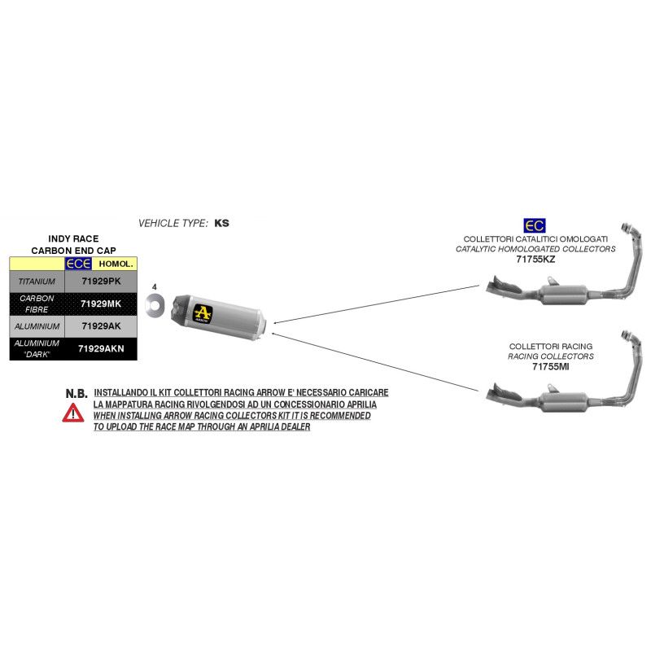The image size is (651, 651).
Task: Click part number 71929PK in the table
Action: click(x=101, y=281)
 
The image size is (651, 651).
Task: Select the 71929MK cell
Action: click(x=101, y=304)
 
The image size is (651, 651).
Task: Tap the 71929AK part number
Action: click(x=101, y=326)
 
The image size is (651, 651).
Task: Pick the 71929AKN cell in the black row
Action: click(x=101, y=349)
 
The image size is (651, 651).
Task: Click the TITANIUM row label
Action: click(x=37, y=282)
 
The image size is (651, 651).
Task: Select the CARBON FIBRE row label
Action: click(x=37, y=304)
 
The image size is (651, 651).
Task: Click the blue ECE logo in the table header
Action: click(x=78, y=264)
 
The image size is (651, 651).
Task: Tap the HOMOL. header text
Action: click(x=116, y=264)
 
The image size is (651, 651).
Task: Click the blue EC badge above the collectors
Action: click(x=535, y=226)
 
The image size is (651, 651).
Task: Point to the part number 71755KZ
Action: click(x=535, y=260)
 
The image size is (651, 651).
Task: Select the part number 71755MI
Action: click(x=551, y=367)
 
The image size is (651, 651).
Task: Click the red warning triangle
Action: click(x=73, y=413)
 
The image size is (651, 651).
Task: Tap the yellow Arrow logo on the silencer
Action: click(x=203, y=313)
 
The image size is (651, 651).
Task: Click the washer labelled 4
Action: click(x=155, y=306)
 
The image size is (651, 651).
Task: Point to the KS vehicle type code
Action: click(x=221, y=223)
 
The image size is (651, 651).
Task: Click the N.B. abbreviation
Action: click(x=76, y=394)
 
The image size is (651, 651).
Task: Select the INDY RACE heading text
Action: click(x=73, y=238)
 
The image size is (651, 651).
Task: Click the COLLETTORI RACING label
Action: click(x=551, y=347)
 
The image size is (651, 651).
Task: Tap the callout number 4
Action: click(x=155, y=287)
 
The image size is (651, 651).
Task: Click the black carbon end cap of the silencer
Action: click(x=181, y=308)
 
